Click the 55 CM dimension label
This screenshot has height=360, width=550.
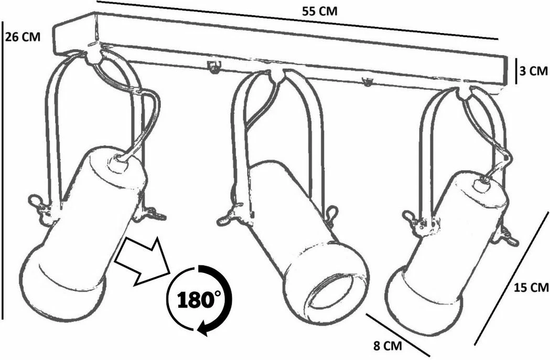(319, 11)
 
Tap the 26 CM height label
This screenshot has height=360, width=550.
(23, 37)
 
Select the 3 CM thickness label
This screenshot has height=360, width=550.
(534, 71)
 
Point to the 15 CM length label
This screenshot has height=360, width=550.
(531, 288)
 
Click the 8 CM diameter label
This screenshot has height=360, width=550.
(387, 346)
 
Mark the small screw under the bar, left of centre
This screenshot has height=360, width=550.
(213, 67)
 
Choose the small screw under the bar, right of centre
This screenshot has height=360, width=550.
(367, 81)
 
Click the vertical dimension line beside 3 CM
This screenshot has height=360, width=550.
(516, 71)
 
